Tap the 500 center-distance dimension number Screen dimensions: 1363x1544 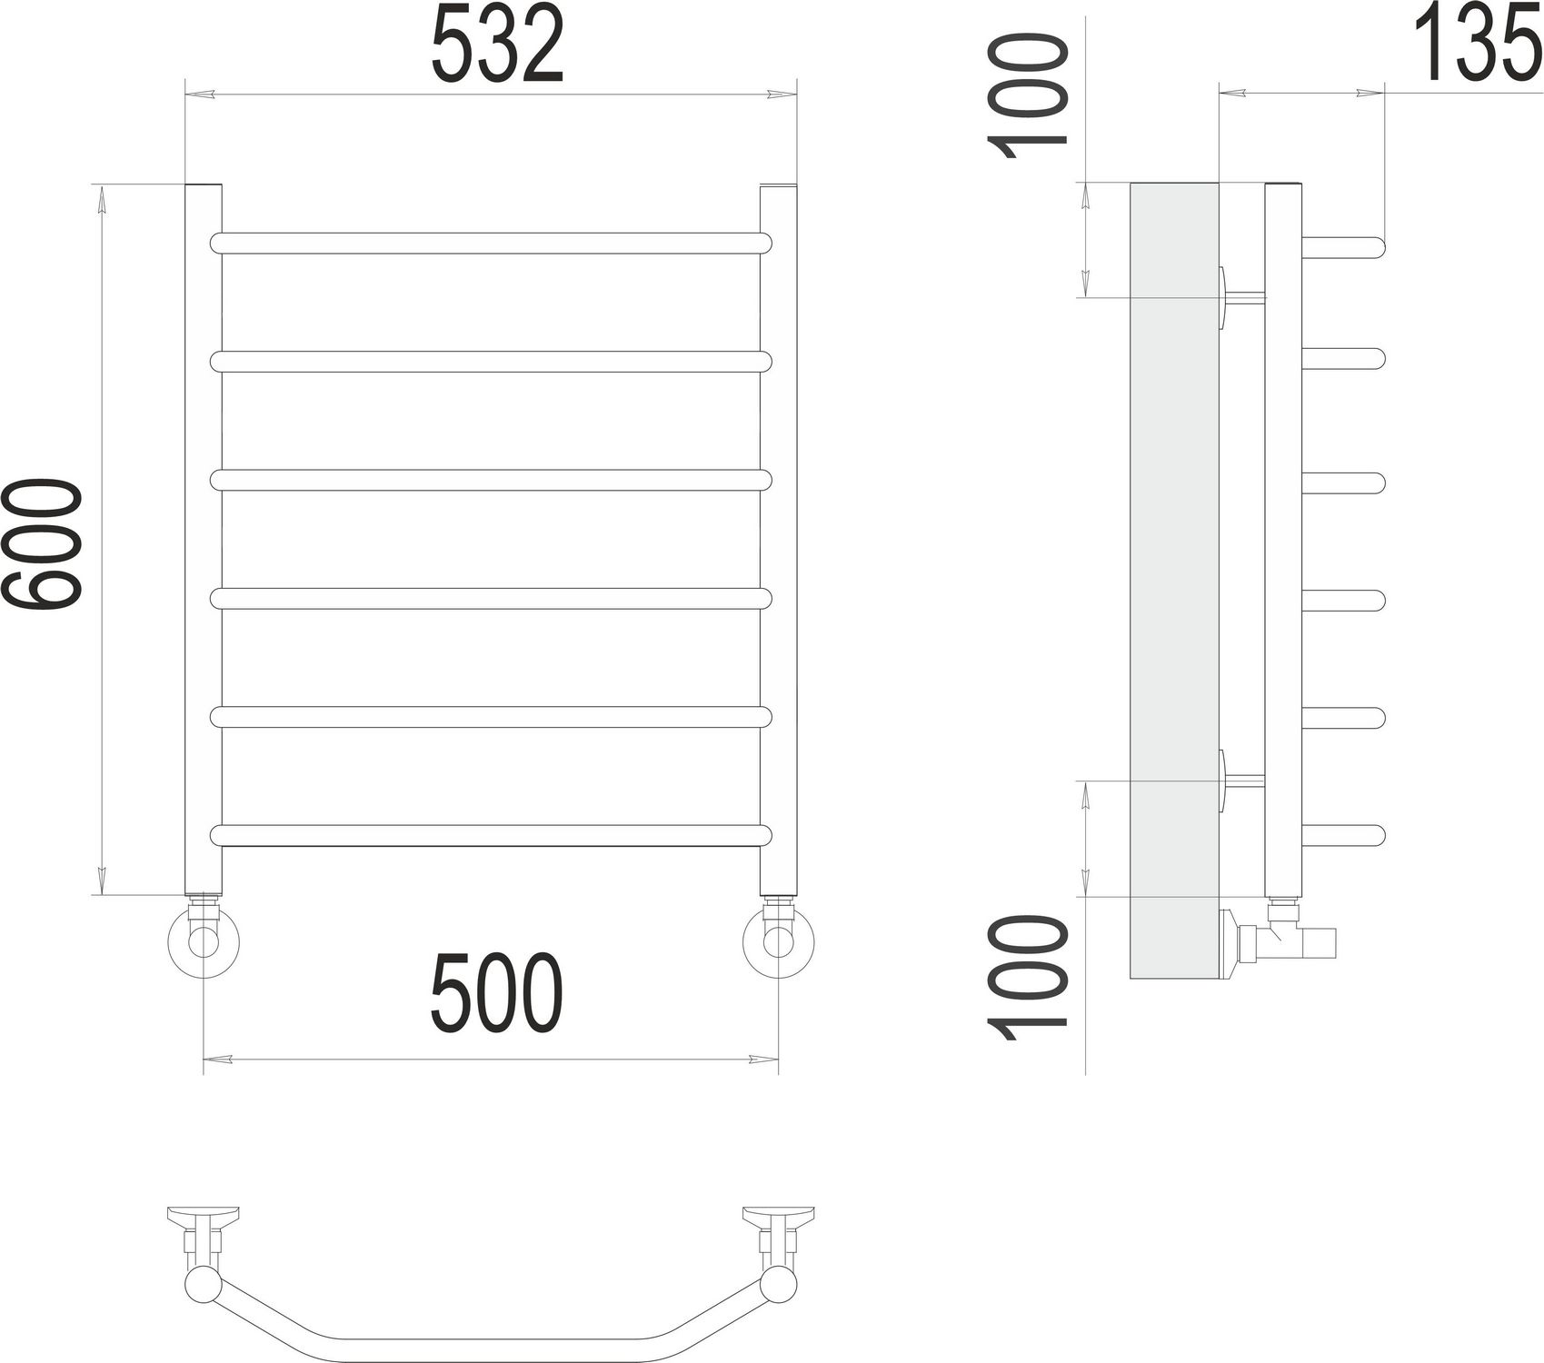[497, 995]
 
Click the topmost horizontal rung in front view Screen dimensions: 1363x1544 [491, 243]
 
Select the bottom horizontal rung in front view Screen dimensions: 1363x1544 [491, 835]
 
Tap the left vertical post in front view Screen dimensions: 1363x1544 [203, 536]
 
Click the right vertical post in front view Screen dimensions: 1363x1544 [778, 536]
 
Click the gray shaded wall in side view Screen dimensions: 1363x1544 [1172, 582]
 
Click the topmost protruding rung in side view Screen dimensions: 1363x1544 [1343, 245]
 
